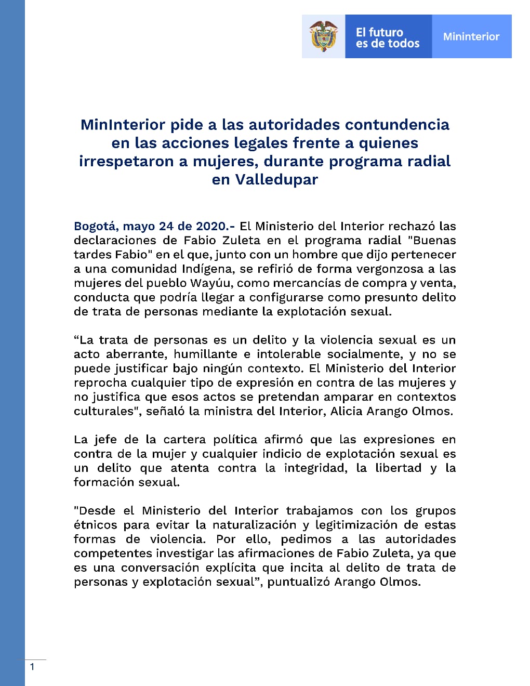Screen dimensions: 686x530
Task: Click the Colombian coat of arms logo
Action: tap(323, 36)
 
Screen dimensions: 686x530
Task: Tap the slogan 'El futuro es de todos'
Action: tap(388, 38)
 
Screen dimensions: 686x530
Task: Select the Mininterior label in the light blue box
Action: tap(471, 36)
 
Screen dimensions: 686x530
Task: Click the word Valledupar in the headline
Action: tap(276, 179)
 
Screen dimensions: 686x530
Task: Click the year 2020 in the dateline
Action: tap(211, 226)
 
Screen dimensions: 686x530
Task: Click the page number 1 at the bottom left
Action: tap(32, 667)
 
